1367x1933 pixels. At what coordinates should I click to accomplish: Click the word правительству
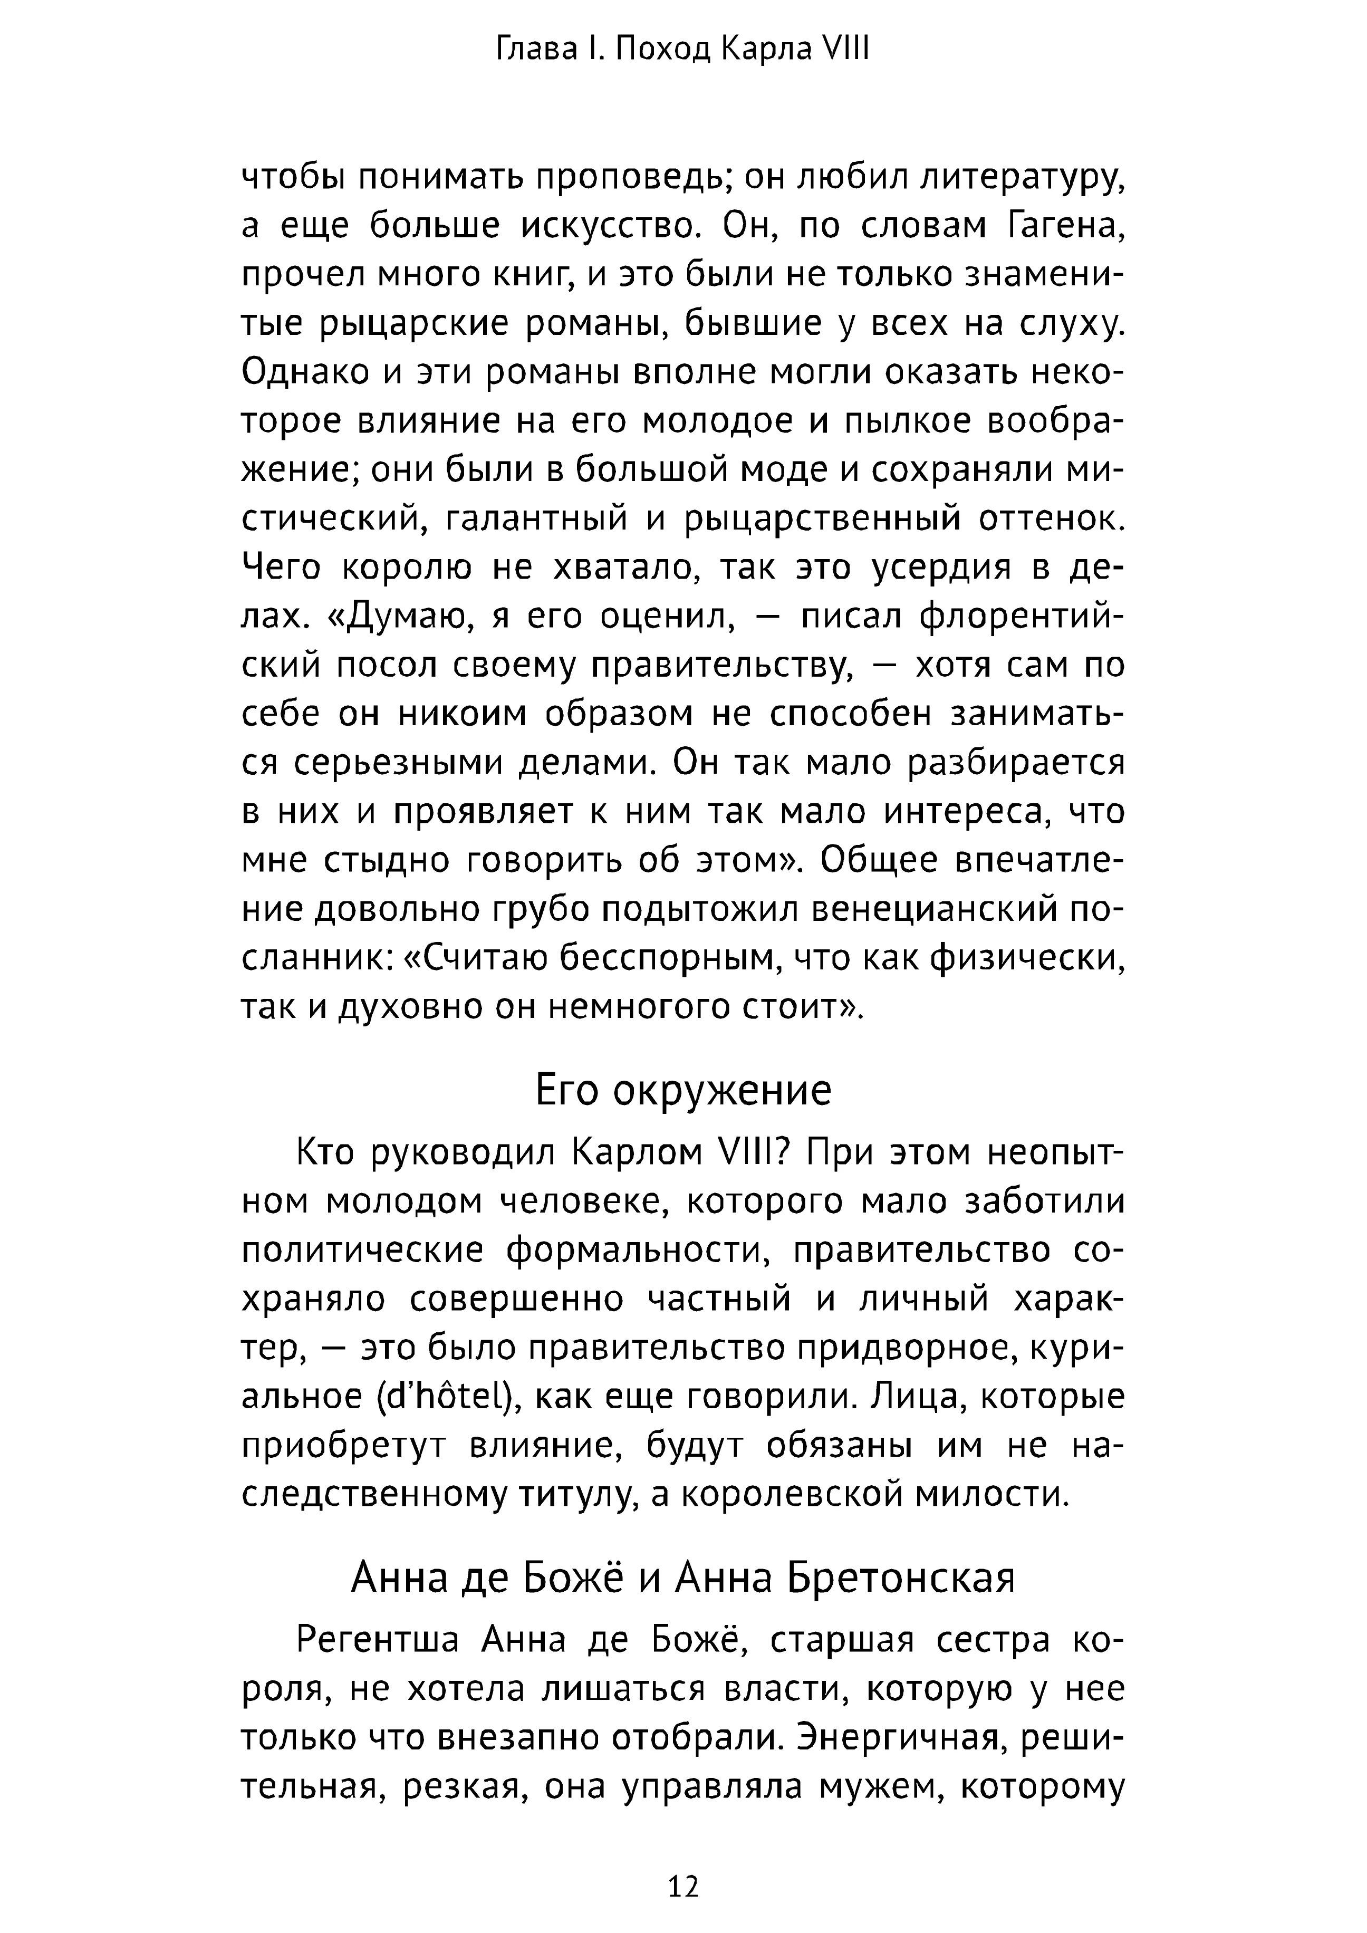(x=718, y=666)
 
